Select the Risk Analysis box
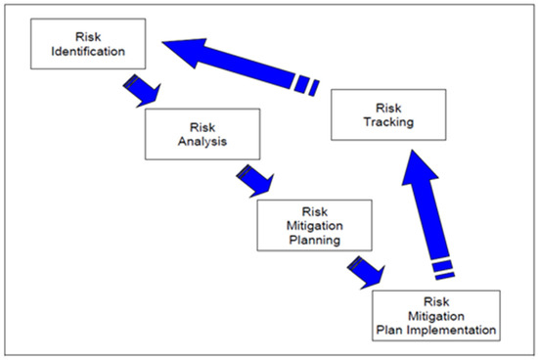pyautogui.click(x=201, y=133)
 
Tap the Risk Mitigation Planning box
pyautogui.click(x=310, y=224)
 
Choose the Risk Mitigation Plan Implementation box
pyautogui.click(x=436, y=314)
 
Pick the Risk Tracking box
pyautogui.click(x=386, y=115)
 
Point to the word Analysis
pyautogui.click(x=201, y=141)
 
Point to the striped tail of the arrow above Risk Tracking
pyautogui.click(x=309, y=84)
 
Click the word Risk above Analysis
pyautogui.click(x=201, y=126)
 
